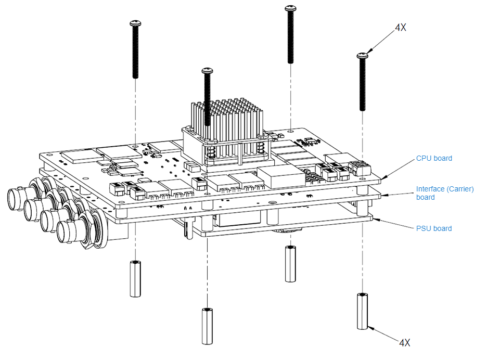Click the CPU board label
pos(434,158)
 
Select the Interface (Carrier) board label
pos(445,193)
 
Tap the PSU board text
pos(434,228)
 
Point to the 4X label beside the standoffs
pos(404,342)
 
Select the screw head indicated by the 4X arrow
pos(363,55)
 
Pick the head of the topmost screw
pos(290,8)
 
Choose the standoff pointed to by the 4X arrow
pos(362,311)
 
